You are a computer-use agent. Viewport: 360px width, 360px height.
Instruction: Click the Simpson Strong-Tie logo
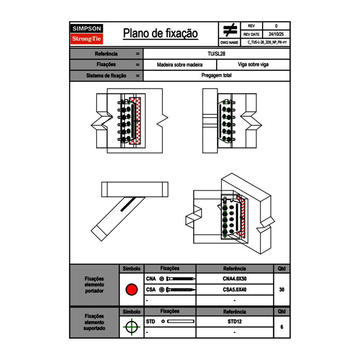coord(87,34)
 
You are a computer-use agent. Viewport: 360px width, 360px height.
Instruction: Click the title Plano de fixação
coord(160,34)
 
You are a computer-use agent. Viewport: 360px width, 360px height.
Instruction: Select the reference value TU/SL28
coord(216,54)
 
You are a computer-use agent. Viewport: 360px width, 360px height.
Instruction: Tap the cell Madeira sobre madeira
coord(180,65)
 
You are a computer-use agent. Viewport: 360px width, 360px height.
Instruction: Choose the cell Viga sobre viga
coord(253,65)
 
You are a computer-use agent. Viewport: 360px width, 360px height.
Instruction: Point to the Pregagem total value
coord(216,76)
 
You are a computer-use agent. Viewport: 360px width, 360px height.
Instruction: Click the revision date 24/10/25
coord(276,34)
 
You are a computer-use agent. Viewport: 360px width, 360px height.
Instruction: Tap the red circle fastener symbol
coord(131,290)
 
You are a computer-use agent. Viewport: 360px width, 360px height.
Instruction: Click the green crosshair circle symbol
coord(131,327)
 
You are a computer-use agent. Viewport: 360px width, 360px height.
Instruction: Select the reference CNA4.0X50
coord(234,279)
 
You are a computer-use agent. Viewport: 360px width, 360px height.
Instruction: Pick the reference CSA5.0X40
coord(234,290)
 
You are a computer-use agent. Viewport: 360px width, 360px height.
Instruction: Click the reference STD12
coord(234,322)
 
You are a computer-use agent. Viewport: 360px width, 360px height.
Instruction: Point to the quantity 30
coord(281,290)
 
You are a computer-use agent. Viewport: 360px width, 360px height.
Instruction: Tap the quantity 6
coord(281,327)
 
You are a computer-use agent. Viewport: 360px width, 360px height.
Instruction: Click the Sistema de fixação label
coord(106,76)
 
